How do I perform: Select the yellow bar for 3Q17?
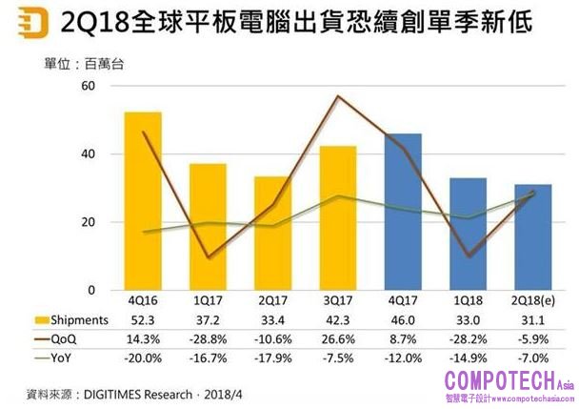(x=338, y=218)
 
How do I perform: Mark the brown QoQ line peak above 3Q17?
(x=337, y=96)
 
